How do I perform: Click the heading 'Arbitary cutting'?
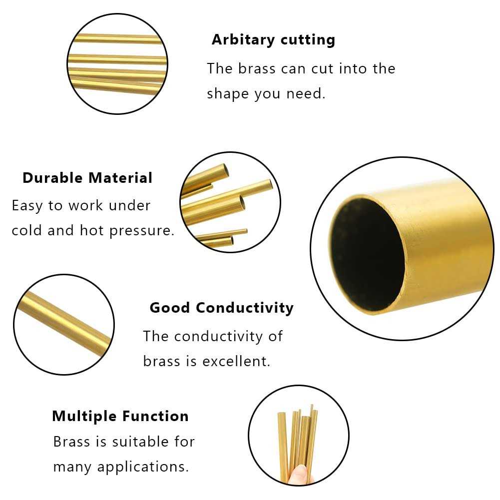(x=273, y=39)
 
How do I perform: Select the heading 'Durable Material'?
(x=87, y=178)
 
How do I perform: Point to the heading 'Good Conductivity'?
(x=221, y=307)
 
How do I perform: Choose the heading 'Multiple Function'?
(x=120, y=416)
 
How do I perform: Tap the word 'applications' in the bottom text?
(x=143, y=467)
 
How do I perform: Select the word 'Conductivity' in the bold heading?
(x=244, y=307)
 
